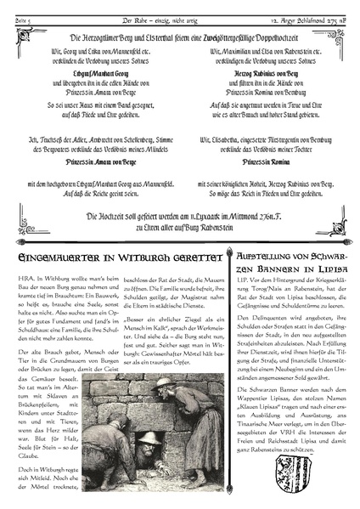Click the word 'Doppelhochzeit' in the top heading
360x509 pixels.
(280, 37)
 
